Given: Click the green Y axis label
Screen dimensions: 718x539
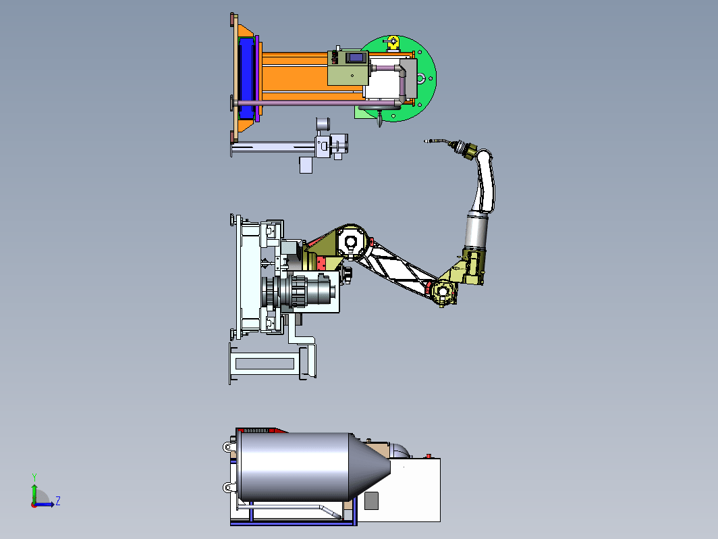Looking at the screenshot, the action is pyautogui.click(x=34, y=477).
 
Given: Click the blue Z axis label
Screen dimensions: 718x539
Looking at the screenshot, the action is pyautogui.click(x=58, y=500).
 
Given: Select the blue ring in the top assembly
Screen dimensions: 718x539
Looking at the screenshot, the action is pyautogui.click(x=246, y=78).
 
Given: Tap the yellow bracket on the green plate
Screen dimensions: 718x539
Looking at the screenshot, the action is pyautogui.click(x=393, y=43).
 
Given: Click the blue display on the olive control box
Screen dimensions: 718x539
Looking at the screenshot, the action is pyautogui.click(x=356, y=58).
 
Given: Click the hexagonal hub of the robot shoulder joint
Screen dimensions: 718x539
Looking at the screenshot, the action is pyautogui.click(x=351, y=242).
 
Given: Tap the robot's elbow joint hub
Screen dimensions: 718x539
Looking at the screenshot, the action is pyautogui.click(x=443, y=292).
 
